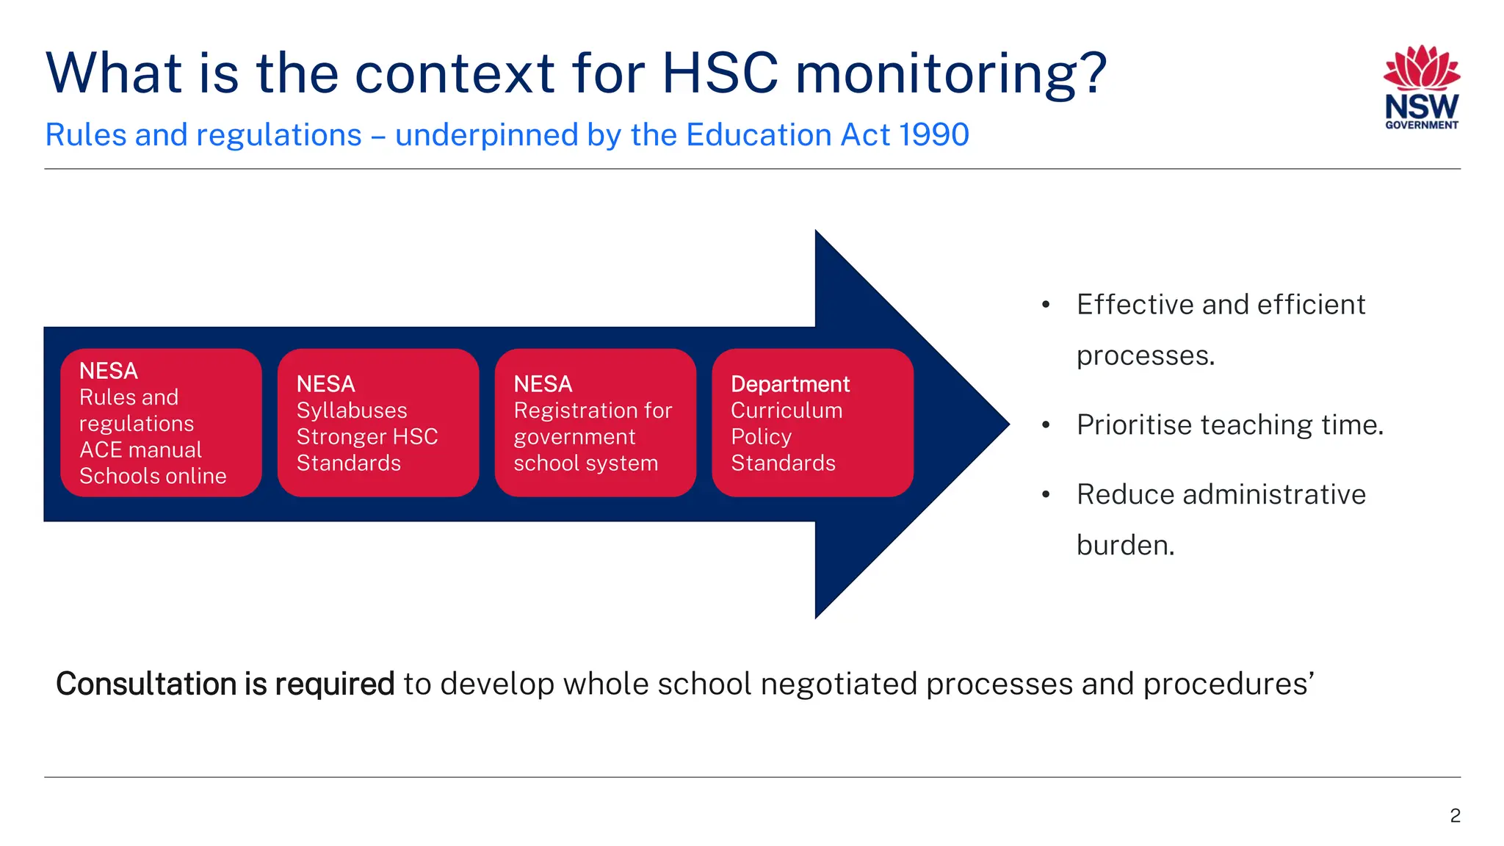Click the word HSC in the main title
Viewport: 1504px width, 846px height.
pyautogui.click(x=719, y=73)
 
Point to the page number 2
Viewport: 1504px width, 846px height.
pyautogui.click(x=1455, y=815)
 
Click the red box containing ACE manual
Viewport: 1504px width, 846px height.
pyautogui.click(x=161, y=423)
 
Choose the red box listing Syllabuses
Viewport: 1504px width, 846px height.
pyautogui.click(x=378, y=423)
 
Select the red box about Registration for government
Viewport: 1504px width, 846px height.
pyautogui.click(x=595, y=423)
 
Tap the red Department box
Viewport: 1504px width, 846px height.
pyautogui.click(x=812, y=423)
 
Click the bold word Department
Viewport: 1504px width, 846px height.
pyautogui.click(x=790, y=384)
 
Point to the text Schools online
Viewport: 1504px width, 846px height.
pyautogui.click(x=153, y=476)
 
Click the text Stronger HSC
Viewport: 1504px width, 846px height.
pyautogui.click(x=367, y=437)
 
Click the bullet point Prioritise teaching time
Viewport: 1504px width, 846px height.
pyautogui.click(x=1229, y=425)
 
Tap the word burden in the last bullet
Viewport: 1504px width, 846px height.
pyautogui.click(x=1125, y=546)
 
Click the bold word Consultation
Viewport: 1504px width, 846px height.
pyautogui.click(x=146, y=684)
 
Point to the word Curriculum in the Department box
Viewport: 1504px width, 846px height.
pyautogui.click(x=787, y=411)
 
